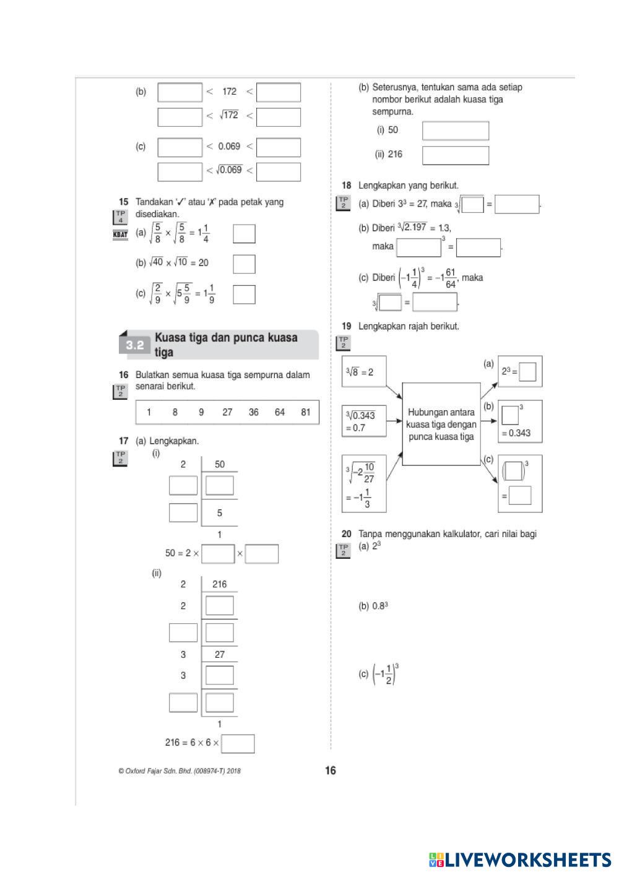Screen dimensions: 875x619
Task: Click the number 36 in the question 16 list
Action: [x=254, y=412]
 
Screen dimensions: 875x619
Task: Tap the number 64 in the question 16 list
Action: [x=280, y=412]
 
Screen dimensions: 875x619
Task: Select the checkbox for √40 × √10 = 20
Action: [x=244, y=264]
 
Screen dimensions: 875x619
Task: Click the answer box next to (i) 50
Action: [x=455, y=131]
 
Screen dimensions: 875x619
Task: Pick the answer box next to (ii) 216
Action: [x=455, y=155]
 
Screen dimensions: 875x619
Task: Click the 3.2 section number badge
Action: [x=135, y=345]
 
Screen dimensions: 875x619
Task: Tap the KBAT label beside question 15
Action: [x=120, y=235]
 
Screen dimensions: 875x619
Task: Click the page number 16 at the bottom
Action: [x=331, y=770]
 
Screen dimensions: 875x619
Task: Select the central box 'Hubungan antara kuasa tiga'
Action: [x=441, y=424]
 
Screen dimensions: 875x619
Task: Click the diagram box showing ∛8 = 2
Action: [x=363, y=372]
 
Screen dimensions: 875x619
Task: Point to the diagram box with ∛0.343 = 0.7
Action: [x=363, y=421]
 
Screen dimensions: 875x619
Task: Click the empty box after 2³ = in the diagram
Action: [x=528, y=373]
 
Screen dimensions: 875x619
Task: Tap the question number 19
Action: [x=347, y=326]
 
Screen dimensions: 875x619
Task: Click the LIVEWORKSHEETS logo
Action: [x=519, y=860]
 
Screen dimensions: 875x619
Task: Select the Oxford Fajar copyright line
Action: [x=180, y=771]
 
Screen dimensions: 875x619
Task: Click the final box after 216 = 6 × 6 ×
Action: [x=238, y=743]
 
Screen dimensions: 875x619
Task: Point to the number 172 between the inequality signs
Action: [x=229, y=92]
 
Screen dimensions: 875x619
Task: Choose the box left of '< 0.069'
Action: [x=180, y=147]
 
